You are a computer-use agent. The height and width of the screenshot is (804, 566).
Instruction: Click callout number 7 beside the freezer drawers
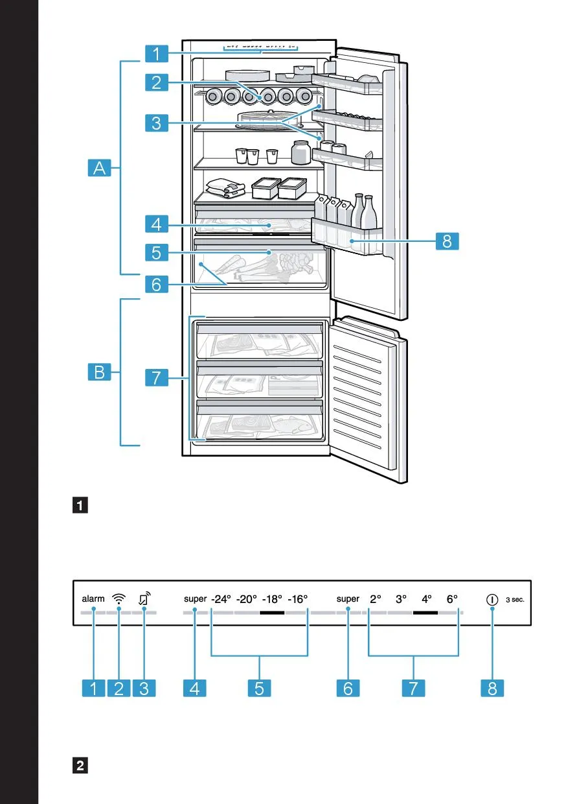click(x=155, y=377)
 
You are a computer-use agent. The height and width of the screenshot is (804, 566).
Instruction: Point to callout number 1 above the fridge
click(x=155, y=52)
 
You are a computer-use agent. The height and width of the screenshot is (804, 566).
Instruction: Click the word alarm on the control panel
click(x=93, y=598)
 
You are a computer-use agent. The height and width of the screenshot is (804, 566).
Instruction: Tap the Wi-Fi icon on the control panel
click(x=119, y=599)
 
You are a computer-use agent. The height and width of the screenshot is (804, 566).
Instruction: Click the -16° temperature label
click(x=298, y=599)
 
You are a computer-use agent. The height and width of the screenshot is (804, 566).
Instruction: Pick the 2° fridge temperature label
click(x=376, y=599)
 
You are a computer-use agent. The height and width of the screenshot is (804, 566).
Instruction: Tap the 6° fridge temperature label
click(x=452, y=599)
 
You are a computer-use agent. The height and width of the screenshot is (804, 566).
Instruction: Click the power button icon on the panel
click(x=492, y=600)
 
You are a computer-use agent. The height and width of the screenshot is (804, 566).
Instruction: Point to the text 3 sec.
click(x=515, y=600)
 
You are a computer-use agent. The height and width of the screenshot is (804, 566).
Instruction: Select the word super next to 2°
click(x=348, y=598)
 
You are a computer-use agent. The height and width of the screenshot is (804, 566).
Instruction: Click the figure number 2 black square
click(x=81, y=766)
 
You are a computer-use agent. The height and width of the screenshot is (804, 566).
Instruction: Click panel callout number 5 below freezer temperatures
click(x=259, y=688)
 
